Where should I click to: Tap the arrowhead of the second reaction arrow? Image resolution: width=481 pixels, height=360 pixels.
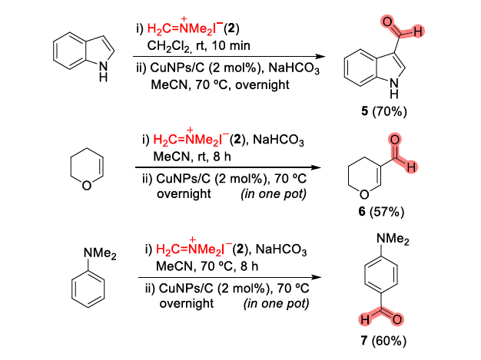coord(313,168)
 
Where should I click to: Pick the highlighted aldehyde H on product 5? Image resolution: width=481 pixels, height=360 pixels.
coord(416,31)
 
